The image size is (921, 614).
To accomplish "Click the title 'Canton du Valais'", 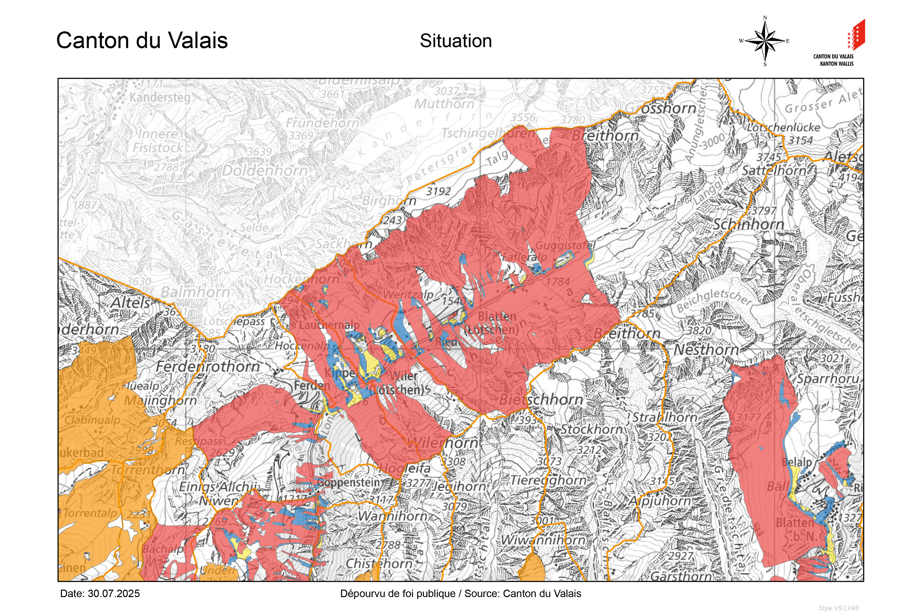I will (142, 40).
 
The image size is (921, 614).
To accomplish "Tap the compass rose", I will (765, 41).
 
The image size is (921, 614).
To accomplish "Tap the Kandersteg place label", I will (160, 97).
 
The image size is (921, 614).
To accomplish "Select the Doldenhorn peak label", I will (265, 171).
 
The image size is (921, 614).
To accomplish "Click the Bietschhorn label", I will (541, 400).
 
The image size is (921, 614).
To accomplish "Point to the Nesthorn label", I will (706, 350).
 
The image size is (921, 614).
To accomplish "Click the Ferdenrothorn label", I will (208, 366).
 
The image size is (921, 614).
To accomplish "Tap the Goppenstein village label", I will (349, 483).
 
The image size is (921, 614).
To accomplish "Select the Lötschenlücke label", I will (783, 128).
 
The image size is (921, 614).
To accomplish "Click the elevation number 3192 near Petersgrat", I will (438, 192).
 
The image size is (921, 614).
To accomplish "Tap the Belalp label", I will (797, 462).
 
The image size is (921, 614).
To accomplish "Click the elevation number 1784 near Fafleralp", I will (558, 281).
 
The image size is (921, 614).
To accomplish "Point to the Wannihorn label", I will (393, 516).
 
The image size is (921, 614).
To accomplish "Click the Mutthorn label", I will (444, 104).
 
